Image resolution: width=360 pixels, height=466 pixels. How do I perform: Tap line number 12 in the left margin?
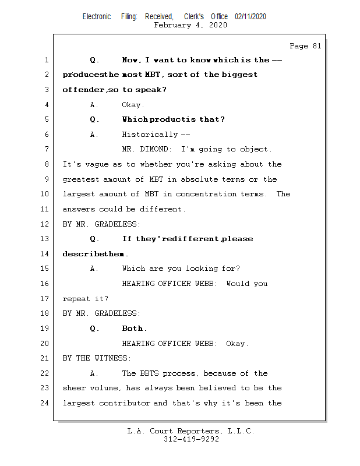pos(46,224)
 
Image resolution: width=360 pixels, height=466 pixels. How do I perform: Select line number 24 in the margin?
pos(46,403)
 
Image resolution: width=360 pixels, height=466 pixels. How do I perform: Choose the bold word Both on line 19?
pos(134,329)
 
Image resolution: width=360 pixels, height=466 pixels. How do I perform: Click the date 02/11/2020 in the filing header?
pos(250,17)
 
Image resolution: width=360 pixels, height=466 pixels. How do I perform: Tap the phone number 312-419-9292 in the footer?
pos(191,440)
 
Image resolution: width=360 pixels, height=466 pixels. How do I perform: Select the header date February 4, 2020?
pos(190,25)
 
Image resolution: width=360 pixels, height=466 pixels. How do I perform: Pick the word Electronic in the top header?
pos(97,17)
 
